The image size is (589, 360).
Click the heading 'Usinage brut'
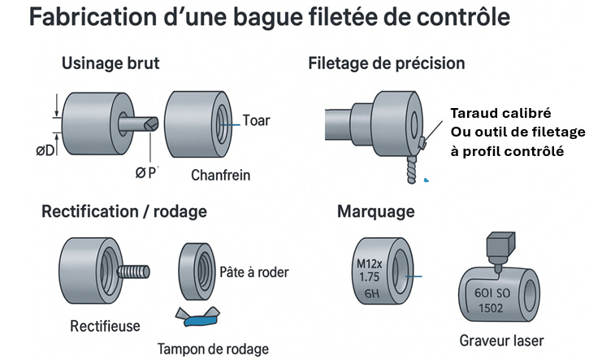pos(110,63)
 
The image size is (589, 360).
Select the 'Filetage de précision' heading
pos(386,63)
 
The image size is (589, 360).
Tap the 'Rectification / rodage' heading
pos(123,212)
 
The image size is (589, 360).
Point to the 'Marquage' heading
pos(375,212)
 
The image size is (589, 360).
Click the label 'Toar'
pos(256,121)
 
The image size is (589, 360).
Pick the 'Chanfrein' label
pos(220,175)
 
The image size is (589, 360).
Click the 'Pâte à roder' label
pos(254,271)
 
